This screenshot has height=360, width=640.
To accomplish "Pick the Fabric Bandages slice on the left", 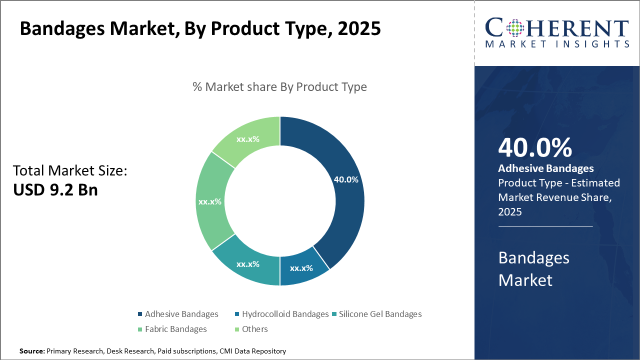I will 210,201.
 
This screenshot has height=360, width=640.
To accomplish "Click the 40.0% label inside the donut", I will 345,179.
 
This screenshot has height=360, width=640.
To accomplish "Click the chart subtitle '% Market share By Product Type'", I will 279,87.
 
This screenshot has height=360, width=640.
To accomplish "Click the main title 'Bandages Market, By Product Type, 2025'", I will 200,29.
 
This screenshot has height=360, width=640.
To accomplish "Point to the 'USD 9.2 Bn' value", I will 55,190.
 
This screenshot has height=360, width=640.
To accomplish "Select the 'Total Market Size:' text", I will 70,171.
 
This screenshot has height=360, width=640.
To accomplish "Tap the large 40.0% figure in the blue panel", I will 535,147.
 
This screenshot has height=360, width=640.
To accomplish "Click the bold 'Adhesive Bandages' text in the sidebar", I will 546,168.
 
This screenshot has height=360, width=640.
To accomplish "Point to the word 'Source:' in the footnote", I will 32,351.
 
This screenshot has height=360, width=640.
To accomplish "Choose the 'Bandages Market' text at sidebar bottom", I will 534,268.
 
